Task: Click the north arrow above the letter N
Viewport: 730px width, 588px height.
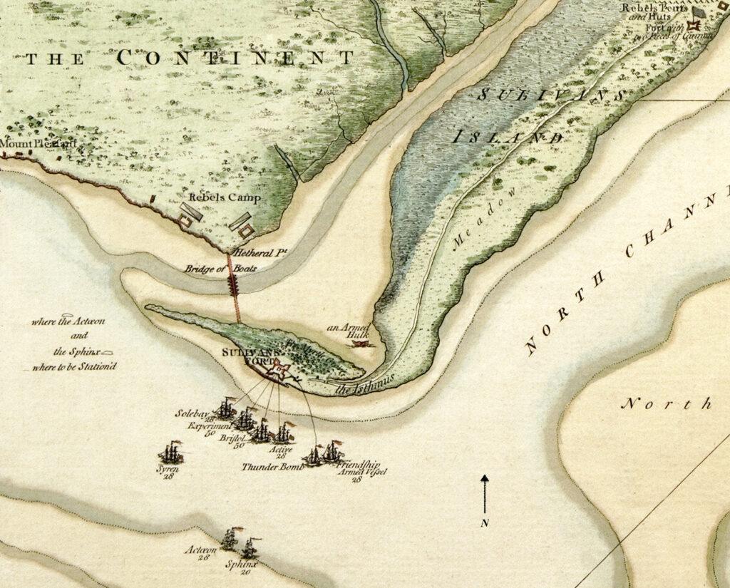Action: point(485,493)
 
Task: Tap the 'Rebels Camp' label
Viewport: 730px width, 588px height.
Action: point(225,197)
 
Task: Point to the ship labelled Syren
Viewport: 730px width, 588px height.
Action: point(172,452)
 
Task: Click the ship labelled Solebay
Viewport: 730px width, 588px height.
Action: point(226,409)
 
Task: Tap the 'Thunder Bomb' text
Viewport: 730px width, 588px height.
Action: point(272,467)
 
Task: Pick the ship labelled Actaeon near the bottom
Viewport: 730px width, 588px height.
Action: point(230,539)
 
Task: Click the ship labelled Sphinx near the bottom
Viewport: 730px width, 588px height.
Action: point(249,548)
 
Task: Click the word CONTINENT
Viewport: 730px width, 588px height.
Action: point(235,58)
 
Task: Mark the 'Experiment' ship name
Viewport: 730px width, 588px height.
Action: point(207,425)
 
